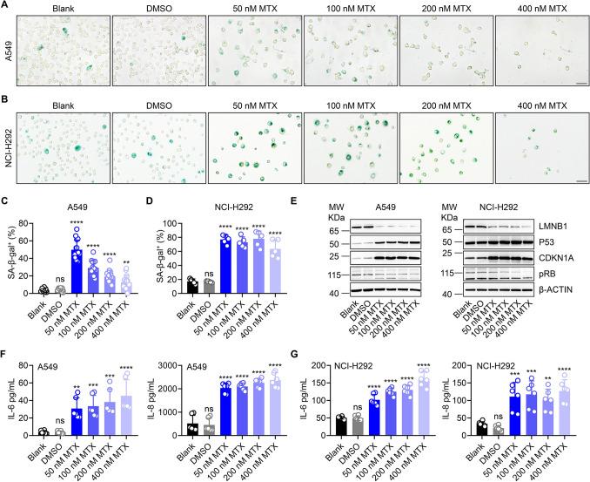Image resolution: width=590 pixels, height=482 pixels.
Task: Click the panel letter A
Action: coord(6,6)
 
